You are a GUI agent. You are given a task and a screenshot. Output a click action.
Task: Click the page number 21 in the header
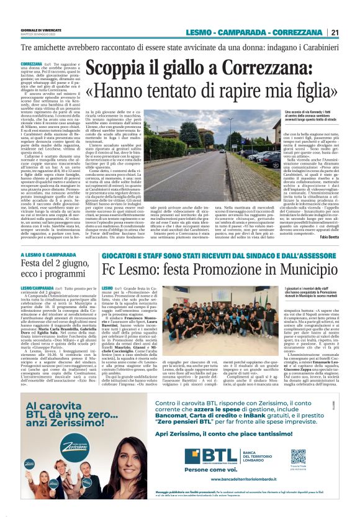point(335,32)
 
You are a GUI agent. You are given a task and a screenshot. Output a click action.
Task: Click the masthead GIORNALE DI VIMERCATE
point(37,29)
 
